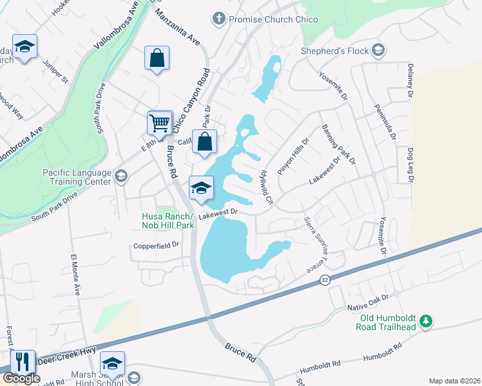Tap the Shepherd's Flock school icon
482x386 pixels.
(378, 51)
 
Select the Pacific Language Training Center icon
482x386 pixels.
(120, 176)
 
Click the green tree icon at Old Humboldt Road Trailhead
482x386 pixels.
(425, 320)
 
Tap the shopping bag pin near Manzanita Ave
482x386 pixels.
(157, 58)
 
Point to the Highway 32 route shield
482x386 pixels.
(325, 280)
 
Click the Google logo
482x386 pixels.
(21, 378)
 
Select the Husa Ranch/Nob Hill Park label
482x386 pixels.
(168, 221)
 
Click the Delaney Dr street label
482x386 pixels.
(409, 80)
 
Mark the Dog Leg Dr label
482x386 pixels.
(410, 165)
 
